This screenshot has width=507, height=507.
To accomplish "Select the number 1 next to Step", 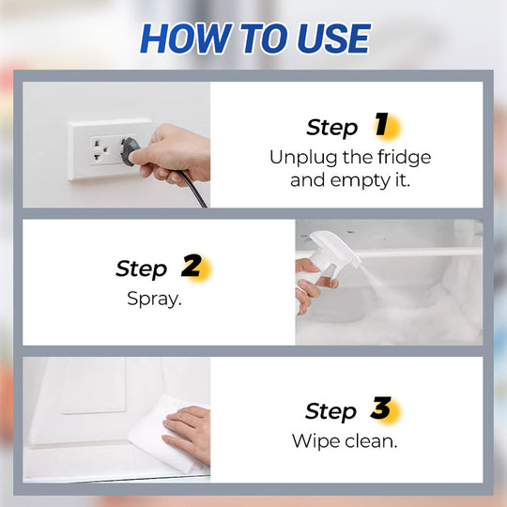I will point(381,125).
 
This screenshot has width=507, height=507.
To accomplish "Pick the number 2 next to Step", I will point(192,267).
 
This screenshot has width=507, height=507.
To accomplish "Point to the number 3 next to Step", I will point(380,409).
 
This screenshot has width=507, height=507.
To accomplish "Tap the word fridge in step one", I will point(399,157).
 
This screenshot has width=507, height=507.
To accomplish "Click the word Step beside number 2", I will point(141,269).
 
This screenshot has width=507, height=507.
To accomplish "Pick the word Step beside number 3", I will point(330,411).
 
